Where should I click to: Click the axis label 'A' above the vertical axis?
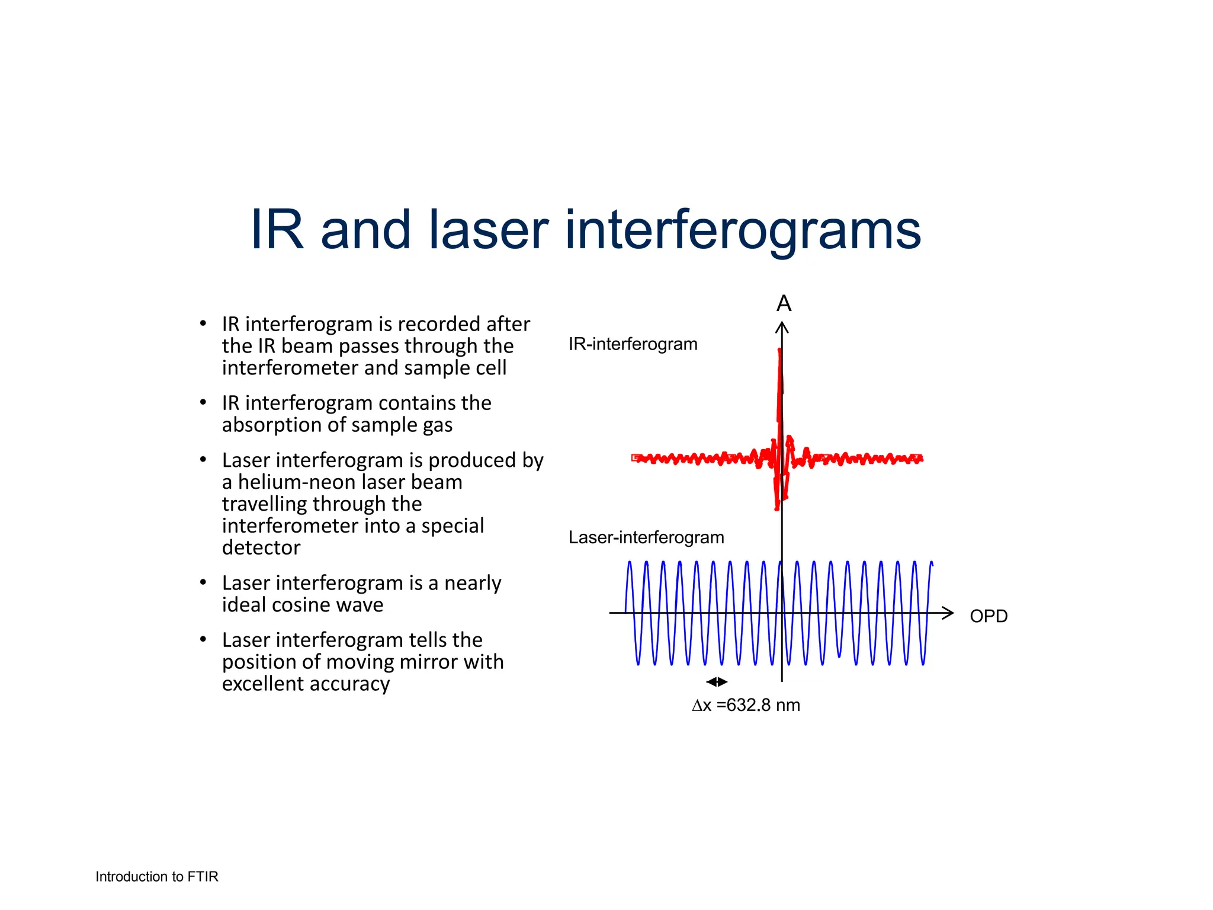click(784, 303)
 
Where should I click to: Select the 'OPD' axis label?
click(989, 616)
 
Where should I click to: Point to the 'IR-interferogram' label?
click(633, 344)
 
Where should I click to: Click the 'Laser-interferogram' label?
click(646, 537)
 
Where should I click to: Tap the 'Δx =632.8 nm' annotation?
click(746, 705)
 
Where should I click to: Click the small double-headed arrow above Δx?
click(717, 682)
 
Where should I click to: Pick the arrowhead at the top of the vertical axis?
click(782, 326)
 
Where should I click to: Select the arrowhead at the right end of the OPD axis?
click(948, 613)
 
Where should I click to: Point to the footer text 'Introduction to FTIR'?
click(157, 877)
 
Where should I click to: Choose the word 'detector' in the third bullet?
click(261, 548)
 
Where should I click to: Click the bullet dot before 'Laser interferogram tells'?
click(203, 639)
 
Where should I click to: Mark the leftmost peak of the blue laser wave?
click(630, 563)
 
